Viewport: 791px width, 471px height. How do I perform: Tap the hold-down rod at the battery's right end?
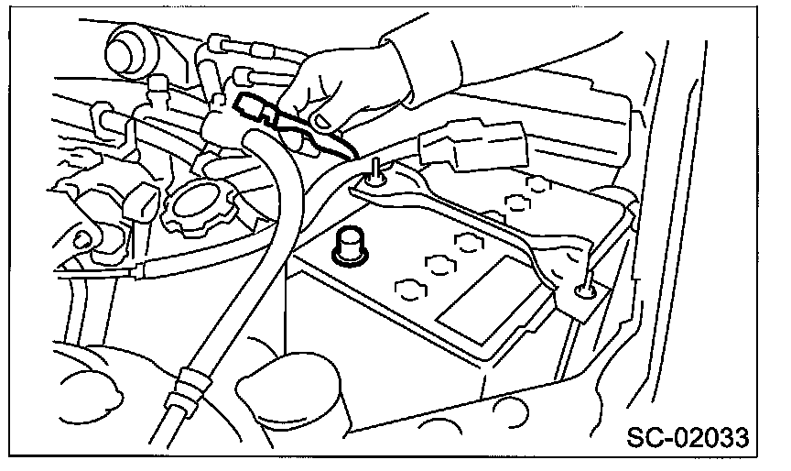pos(583,290)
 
